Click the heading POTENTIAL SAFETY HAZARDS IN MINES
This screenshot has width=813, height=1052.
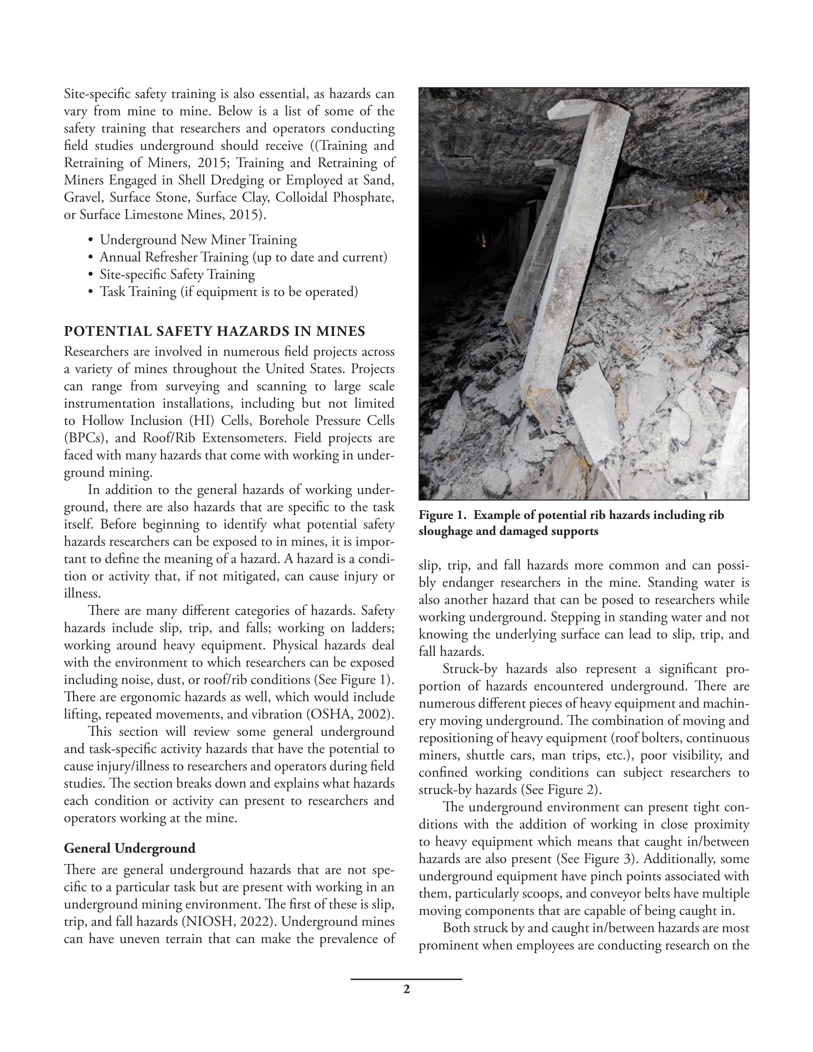[x=215, y=331]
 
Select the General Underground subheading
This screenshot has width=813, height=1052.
[x=129, y=848]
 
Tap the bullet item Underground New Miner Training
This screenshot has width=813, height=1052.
[x=198, y=240]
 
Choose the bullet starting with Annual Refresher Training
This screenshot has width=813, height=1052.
[x=243, y=257]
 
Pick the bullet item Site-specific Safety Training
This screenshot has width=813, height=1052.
[x=177, y=275]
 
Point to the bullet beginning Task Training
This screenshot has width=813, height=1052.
[x=228, y=292]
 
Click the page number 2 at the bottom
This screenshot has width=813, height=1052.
[x=406, y=989]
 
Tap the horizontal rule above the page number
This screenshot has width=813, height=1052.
[x=406, y=979]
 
